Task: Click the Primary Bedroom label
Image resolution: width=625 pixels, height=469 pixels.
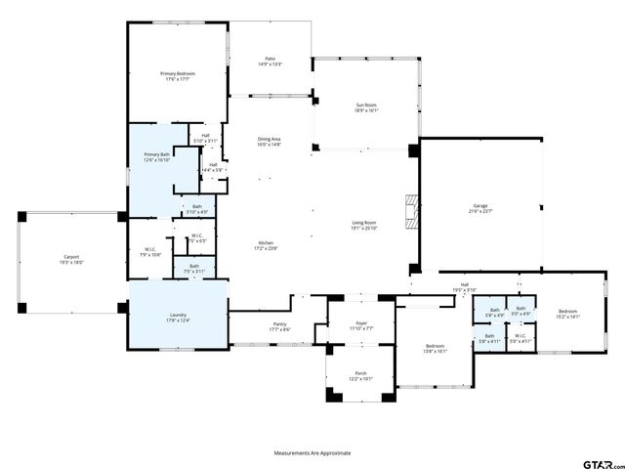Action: pyautogui.click(x=178, y=73)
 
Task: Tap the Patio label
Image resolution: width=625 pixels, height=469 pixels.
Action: pyautogui.click(x=270, y=60)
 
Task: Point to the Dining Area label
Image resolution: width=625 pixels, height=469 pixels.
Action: pyautogui.click(x=270, y=139)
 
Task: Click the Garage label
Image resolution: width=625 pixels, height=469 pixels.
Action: pyautogui.click(x=480, y=205)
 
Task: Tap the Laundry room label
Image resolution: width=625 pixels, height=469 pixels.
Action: pyautogui.click(x=178, y=315)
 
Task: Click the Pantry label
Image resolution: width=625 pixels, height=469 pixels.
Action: pyautogui.click(x=267, y=329)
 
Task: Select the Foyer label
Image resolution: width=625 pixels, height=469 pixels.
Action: pyautogui.click(x=361, y=325)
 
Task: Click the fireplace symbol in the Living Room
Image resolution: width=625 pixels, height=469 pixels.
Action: pyautogui.click(x=412, y=208)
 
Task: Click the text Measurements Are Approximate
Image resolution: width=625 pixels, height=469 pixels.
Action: pyautogui.click(x=312, y=453)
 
